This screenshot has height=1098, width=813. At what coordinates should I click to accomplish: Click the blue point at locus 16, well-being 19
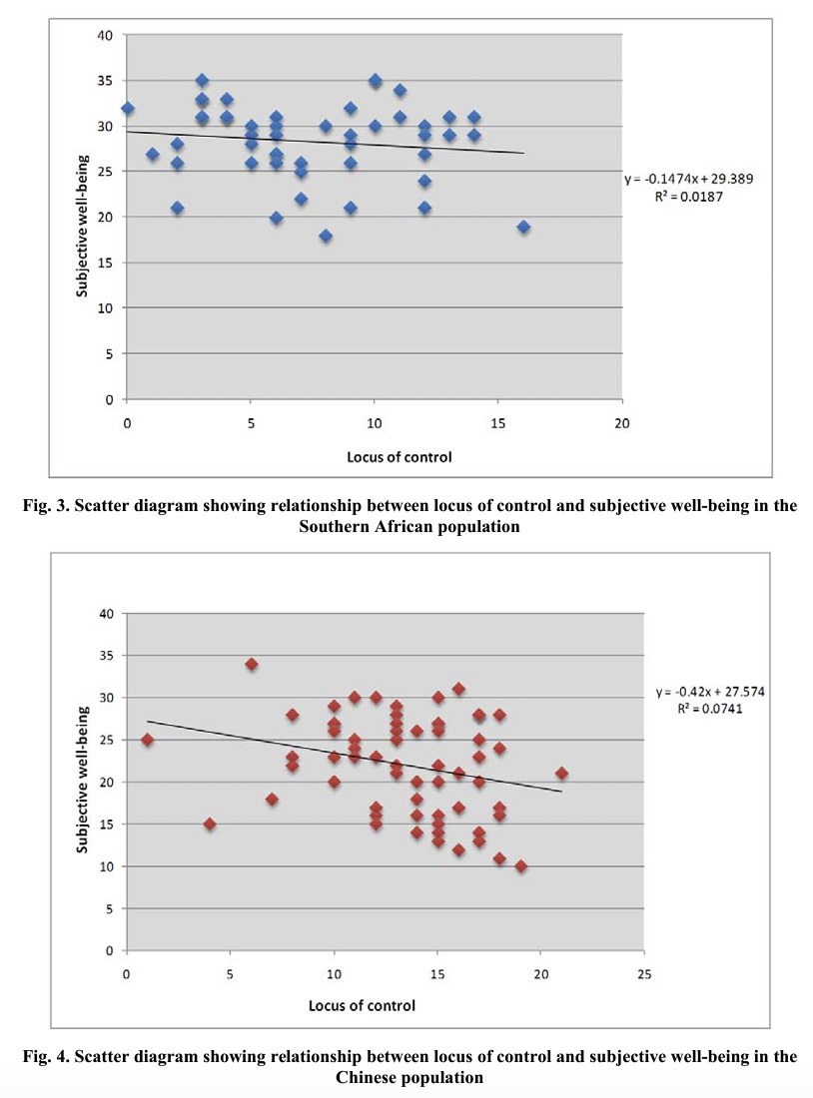523,227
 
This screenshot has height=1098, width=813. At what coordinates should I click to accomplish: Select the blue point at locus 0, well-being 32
128,108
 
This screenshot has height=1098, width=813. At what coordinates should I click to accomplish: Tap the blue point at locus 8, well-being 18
326,236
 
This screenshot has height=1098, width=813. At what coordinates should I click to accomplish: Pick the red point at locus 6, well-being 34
252,664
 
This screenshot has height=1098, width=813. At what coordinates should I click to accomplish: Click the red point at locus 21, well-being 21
562,774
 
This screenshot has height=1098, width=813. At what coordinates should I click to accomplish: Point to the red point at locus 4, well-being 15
210,824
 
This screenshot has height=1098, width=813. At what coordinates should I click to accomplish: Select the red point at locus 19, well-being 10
520,866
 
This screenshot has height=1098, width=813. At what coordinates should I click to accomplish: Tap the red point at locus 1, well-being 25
148,740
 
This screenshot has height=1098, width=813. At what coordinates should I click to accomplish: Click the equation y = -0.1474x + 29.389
690,179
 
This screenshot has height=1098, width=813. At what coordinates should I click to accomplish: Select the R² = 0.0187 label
690,197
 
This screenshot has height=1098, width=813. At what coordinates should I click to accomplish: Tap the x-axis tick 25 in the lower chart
644,973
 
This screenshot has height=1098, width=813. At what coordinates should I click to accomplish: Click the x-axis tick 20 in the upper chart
622,422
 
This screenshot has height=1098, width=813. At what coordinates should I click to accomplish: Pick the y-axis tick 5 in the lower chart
111,908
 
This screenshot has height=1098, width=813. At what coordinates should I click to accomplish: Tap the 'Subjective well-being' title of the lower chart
84,780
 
